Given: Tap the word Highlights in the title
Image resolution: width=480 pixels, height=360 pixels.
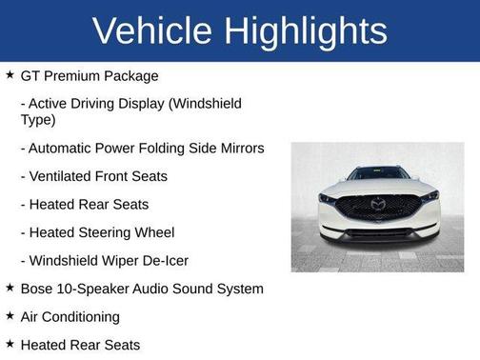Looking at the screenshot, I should [x=307, y=30].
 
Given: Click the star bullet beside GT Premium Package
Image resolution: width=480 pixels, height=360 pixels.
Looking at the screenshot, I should [x=10, y=75].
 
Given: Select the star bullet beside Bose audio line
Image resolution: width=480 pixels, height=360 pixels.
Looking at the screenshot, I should [x=10, y=288].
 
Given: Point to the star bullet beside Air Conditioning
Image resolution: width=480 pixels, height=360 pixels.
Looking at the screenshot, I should [x=10, y=315].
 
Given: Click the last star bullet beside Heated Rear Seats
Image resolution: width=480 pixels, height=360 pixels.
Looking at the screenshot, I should [x=10, y=344].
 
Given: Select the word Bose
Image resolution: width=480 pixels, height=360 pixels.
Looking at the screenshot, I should [x=38, y=289].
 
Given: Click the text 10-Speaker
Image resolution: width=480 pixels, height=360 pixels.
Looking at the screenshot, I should [x=100, y=289].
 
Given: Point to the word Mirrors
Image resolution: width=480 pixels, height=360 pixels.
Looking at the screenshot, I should [x=240, y=149].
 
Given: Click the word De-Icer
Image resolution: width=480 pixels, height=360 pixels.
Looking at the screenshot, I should [x=164, y=260].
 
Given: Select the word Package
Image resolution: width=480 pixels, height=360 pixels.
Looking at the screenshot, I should [x=130, y=76].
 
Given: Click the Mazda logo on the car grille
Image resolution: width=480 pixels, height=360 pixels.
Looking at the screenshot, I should [x=377, y=204].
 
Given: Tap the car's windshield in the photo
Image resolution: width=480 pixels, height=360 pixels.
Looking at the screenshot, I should [x=377, y=174].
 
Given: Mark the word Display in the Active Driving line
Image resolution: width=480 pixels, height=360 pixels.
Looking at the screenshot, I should [x=163, y=103].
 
